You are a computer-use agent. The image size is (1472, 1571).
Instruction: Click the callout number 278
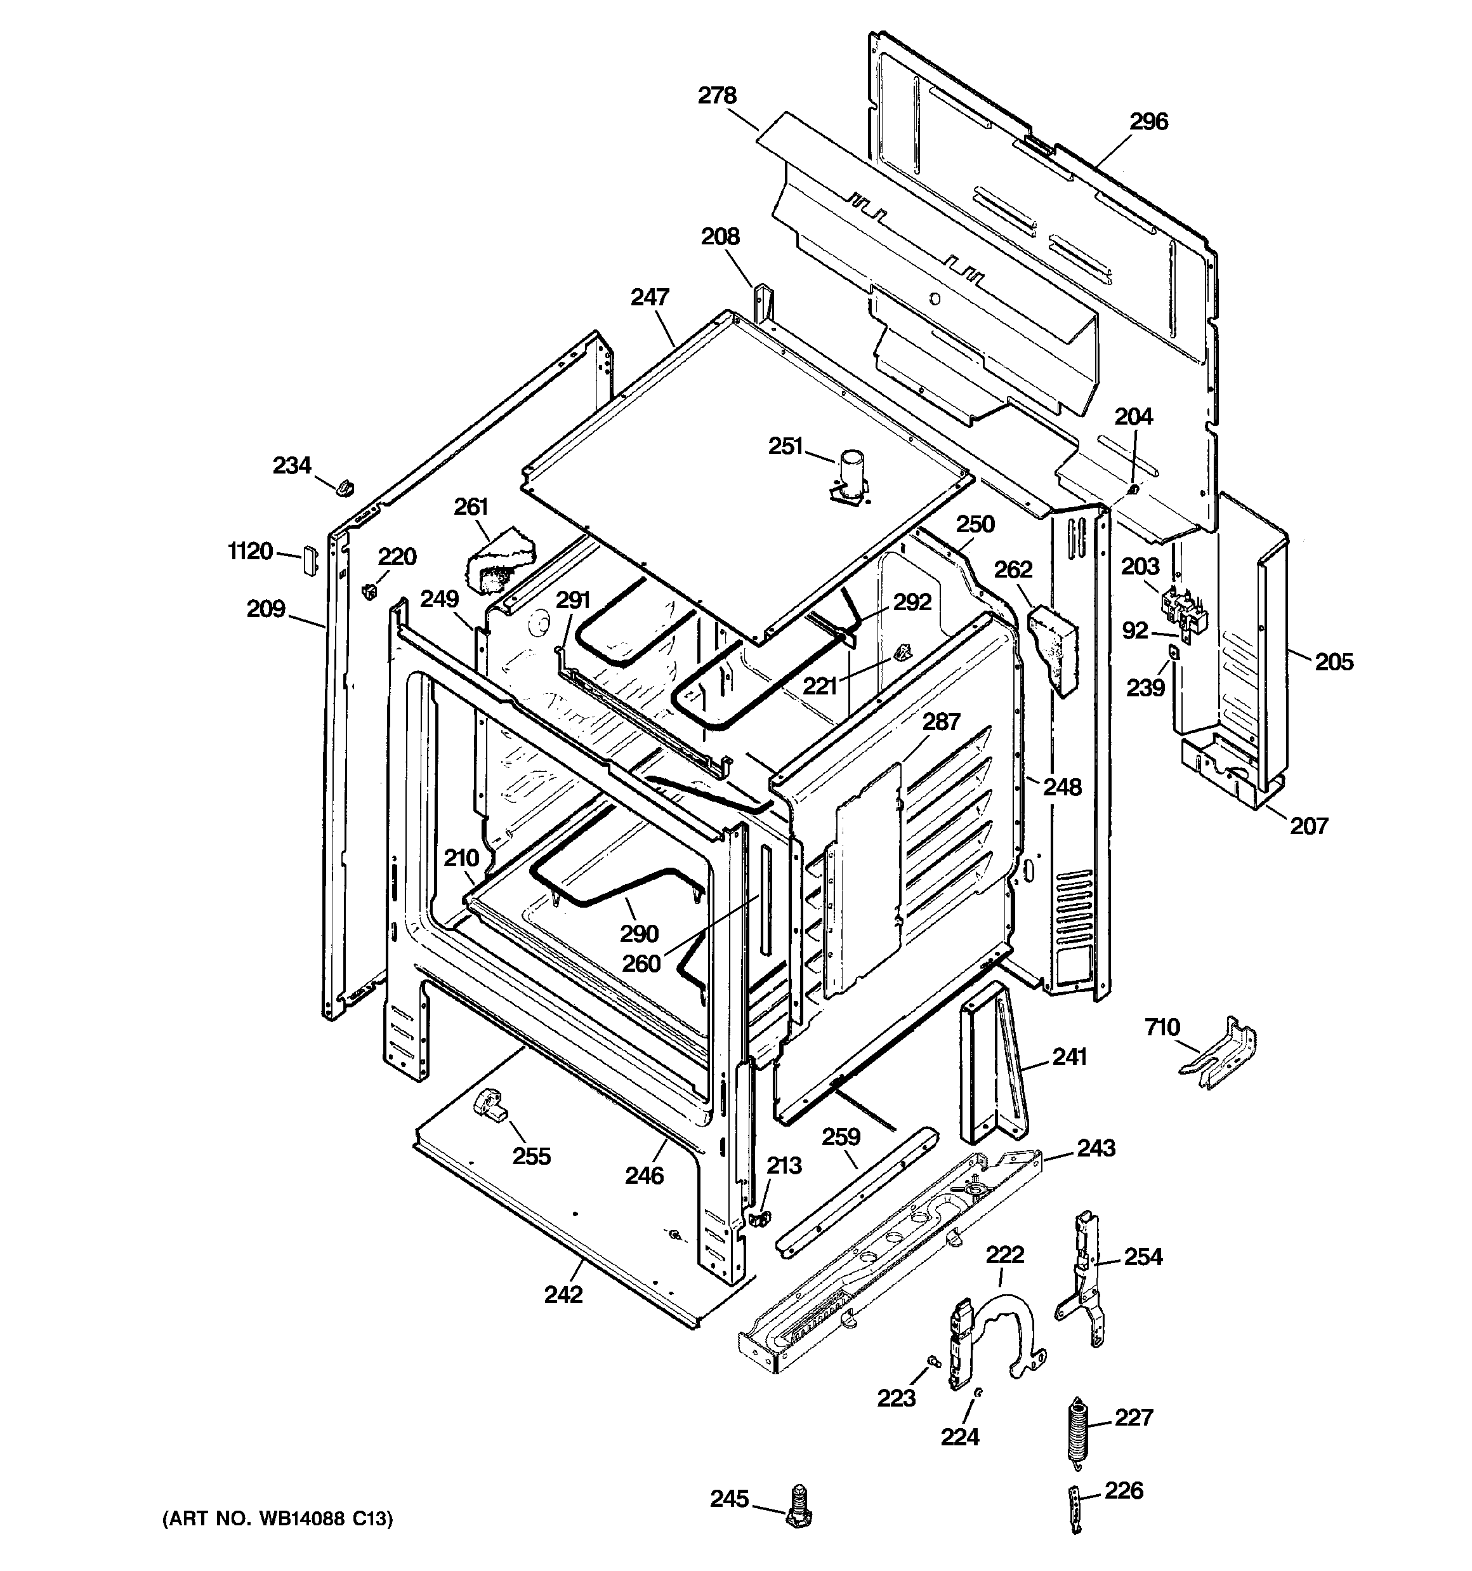pyautogui.click(x=716, y=96)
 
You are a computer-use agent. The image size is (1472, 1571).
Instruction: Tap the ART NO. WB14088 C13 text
pyautogui.click(x=277, y=1519)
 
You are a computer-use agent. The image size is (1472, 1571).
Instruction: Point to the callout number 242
pyautogui.click(x=563, y=1294)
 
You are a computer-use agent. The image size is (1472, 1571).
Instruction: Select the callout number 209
pyautogui.click(x=265, y=609)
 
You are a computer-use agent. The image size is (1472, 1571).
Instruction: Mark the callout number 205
pyautogui.click(x=1334, y=661)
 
